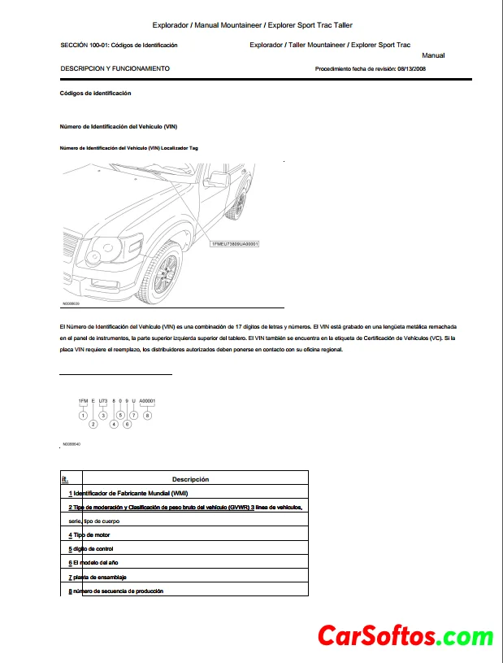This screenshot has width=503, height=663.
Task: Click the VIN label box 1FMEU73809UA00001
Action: click(235, 244)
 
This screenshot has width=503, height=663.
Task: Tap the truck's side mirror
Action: click(219, 178)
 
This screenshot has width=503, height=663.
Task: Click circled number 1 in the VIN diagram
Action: click(83, 415)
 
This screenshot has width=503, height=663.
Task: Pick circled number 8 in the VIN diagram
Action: click(147, 415)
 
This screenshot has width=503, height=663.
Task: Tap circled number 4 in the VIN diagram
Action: click(114, 424)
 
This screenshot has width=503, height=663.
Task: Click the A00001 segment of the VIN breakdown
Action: click(147, 401)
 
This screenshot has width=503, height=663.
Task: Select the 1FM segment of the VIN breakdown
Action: click(83, 401)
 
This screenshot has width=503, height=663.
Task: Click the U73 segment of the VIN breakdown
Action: click(103, 401)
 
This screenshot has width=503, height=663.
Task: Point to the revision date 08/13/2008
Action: click(412, 69)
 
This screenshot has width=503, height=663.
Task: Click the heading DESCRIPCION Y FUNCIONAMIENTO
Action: click(115, 69)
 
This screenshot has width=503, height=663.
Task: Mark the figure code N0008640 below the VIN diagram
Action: click(71, 445)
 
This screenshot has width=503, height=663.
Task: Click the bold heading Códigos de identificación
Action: click(96, 94)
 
